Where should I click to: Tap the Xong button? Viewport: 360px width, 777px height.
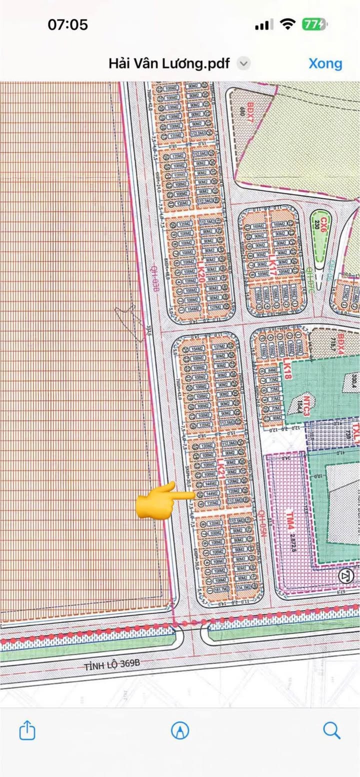point(325,63)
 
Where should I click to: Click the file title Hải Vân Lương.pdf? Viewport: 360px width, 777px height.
point(169,63)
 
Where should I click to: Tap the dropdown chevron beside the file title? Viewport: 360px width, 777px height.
point(243,63)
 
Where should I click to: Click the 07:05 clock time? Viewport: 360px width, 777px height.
point(68,24)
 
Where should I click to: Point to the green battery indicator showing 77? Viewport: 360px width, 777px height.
point(314,24)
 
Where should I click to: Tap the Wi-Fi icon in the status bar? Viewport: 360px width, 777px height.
point(287,24)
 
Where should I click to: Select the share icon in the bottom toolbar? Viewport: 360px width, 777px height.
point(27,730)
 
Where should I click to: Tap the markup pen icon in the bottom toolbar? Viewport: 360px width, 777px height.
point(180,730)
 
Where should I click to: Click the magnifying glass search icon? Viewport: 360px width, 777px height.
point(331,730)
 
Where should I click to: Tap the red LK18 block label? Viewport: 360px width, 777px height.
point(287,369)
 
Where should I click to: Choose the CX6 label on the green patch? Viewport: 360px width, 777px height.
point(324,221)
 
